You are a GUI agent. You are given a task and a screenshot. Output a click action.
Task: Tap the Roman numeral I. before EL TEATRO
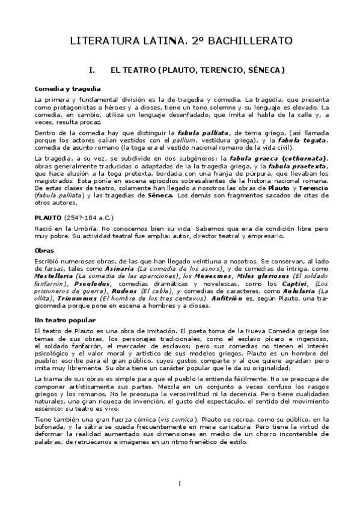pyautogui.click(x=92, y=70)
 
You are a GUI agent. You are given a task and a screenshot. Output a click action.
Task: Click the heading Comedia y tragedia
pyautogui.click(x=63, y=88)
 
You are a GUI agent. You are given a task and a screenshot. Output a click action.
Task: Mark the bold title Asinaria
pyautogui.click(x=154, y=269)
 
